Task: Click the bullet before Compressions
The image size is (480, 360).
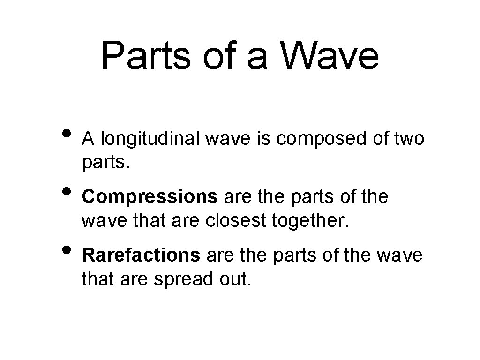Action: [67, 191]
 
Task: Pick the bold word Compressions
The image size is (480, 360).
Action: [150, 197]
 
